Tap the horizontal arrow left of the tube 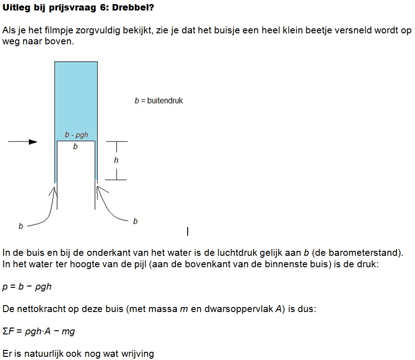tap(23, 142)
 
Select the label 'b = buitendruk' tap(158, 101)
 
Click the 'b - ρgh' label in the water tap(76, 135)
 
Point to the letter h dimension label tap(116, 160)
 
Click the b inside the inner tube tap(75, 147)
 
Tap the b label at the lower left tap(21, 226)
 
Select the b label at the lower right tap(135, 221)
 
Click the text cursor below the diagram tap(188, 232)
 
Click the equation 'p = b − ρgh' tap(27, 286)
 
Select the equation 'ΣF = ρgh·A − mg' tap(38, 331)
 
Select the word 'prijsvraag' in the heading tap(74, 8)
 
